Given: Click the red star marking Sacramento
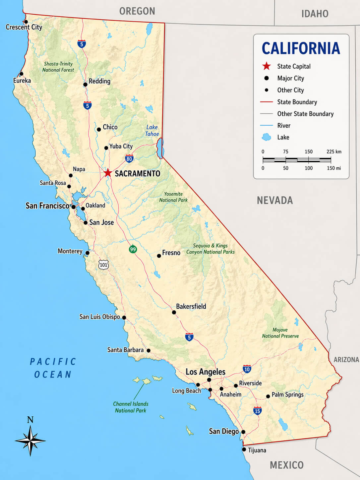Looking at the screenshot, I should coord(107,173).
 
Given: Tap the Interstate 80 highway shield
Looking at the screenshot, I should coord(129,159).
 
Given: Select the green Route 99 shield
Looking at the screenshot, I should coord(133,249).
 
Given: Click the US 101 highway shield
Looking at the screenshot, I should coord(103,265).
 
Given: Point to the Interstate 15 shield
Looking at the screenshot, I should coord(257,411).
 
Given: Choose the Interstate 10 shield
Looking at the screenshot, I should coord(247,369).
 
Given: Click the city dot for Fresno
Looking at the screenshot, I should coord(159,256).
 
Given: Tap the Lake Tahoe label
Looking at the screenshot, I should coord(152,131).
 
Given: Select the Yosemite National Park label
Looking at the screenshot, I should coord(173,197).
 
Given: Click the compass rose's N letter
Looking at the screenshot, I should coord(30,420).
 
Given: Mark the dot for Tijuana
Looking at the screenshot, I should coord(244,450).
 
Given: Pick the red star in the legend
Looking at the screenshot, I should coord(267,66).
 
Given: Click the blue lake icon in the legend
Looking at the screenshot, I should coord(266,137).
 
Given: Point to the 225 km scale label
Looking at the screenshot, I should coord(333,151).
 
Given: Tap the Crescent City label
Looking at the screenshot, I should coord(24,27).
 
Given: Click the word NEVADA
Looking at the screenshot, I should coord(275,200).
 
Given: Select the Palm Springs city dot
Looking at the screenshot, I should coord(268,396).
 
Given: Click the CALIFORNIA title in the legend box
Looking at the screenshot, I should coord(301,48).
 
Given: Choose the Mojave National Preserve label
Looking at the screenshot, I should coord(280,333).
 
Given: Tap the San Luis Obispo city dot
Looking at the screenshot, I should coord(124,317).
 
